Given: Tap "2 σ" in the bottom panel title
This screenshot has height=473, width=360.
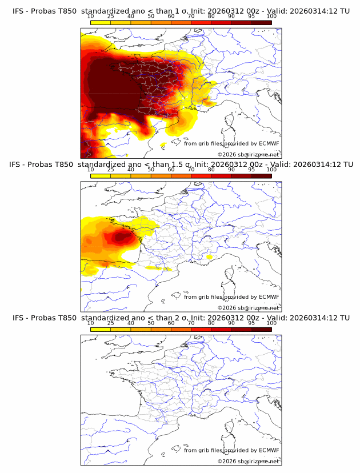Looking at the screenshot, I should pyautogui.click(x=171, y=318).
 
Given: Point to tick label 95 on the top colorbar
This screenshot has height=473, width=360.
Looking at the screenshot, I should pyautogui.click(x=251, y=16).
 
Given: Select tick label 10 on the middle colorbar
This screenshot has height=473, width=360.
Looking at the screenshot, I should pyautogui.click(x=91, y=170).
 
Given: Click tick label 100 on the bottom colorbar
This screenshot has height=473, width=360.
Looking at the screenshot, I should pyautogui.click(x=271, y=323).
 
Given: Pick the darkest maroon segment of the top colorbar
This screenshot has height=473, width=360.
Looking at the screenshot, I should pyautogui.click(x=261, y=22).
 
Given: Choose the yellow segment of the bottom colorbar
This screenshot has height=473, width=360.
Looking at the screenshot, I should pyautogui.click(x=101, y=328).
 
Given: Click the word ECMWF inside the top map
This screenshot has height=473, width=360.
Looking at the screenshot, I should pyautogui.click(x=269, y=144).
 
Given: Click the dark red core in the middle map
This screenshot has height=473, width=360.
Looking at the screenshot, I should pyautogui.click(x=121, y=236).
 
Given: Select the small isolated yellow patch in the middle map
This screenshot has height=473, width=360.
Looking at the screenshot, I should pyautogui.click(x=210, y=258).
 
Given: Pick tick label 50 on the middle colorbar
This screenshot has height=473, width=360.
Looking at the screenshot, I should pyautogui.click(x=151, y=170).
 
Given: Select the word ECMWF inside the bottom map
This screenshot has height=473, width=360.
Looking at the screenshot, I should pyautogui.click(x=269, y=450).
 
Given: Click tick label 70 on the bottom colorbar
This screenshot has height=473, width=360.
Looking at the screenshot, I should pyautogui.click(x=191, y=323).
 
